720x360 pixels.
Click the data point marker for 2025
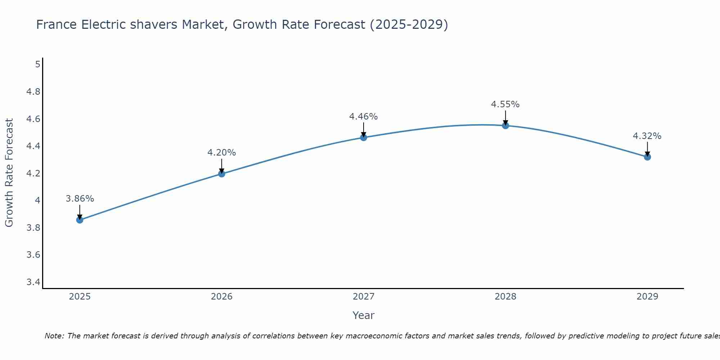pos(80,220)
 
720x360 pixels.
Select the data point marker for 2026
pos(222,174)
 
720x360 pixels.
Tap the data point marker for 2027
pos(364,138)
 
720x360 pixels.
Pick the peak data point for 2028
pos(505,126)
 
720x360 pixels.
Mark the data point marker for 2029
pos(647,157)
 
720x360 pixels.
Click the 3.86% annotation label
pos(80,199)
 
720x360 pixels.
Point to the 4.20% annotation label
pos(222,153)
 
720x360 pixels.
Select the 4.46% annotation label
pos(364,117)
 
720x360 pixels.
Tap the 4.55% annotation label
pos(505,104)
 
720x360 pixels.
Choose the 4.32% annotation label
pos(647,136)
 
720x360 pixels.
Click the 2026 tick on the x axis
pos(222,297)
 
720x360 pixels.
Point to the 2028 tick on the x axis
pos(505,297)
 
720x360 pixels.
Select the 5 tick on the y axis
pos(37,64)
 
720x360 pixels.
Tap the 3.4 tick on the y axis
pos(33,282)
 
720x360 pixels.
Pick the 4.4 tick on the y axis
pos(33,146)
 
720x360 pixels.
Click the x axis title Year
pos(364,315)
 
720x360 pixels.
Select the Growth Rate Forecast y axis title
pos(9,173)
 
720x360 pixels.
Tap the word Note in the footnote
pos(54,336)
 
